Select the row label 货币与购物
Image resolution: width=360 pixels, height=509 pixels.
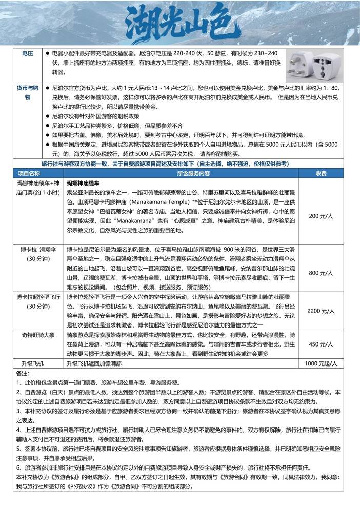(27, 93)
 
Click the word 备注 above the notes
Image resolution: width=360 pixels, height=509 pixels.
(24, 373)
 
